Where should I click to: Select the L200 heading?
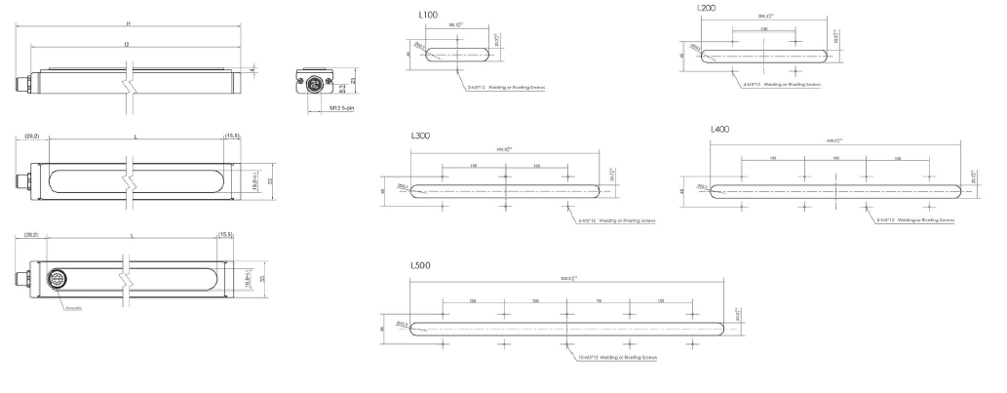pos(708,8)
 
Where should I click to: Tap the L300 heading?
pos(421,138)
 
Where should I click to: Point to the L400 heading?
pos(722,130)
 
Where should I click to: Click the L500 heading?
pos(422,265)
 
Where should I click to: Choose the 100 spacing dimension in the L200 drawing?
pos(764,30)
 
